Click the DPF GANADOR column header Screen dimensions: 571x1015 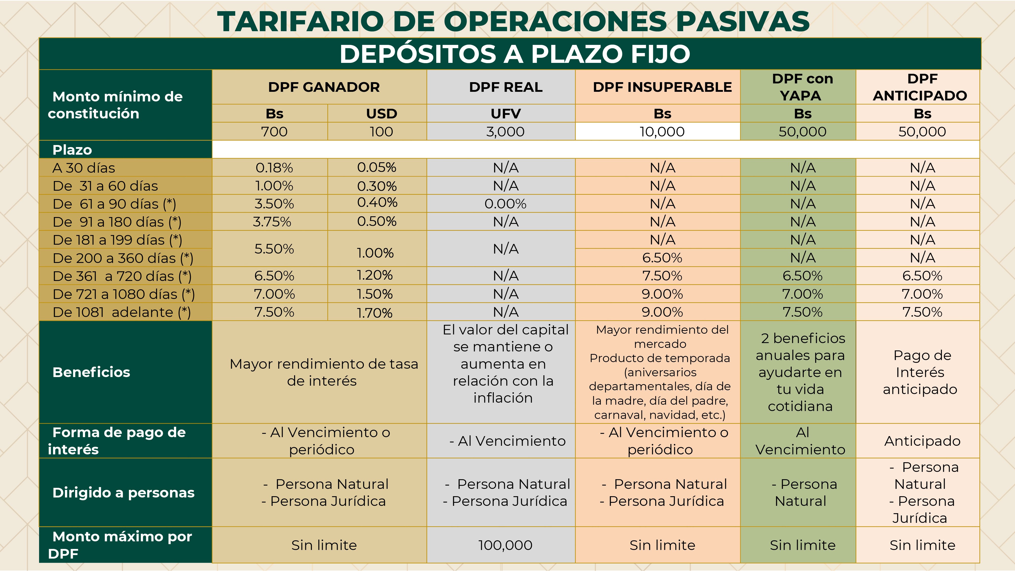(x=324, y=87)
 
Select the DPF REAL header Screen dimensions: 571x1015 (x=505, y=87)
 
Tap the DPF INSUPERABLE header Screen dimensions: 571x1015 (x=662, y=87)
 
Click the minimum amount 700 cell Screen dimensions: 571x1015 (x=274, y=132)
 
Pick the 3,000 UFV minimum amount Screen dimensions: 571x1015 (x=505, y=132)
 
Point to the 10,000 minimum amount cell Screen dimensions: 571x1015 (x=662, y=132)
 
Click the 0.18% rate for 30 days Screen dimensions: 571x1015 (x=274, y=168)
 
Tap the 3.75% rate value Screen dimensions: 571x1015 (x=272, y=222)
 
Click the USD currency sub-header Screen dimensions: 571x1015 (x=381, y=114)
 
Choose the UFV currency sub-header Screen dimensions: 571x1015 (x=505, y=114)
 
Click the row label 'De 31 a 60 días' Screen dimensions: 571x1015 (x=105, y=186)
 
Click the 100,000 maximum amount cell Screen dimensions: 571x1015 (x=505, y=545)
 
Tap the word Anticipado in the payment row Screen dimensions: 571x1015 (x=922, y=441)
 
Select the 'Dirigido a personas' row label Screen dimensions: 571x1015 (x=123, y=493)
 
